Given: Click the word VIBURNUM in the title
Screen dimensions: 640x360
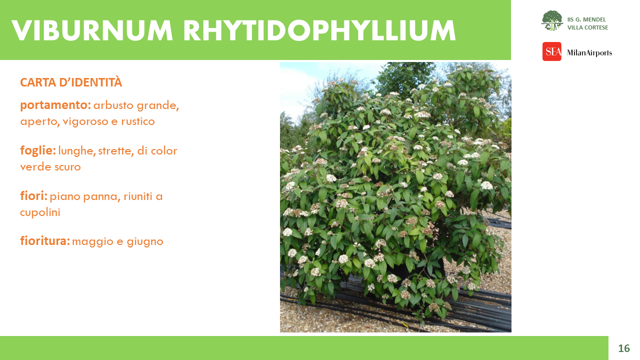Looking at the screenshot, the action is pyautogui.click(x=92, y=30).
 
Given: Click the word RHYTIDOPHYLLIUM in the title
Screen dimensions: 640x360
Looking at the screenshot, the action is pyautogui.click(x=319, y=30).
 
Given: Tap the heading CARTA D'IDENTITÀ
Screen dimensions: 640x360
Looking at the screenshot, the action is pyautogui.click(x=71, y=82).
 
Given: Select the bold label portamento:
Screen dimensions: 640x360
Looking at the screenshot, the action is pyautogui.click(x=55, y=105).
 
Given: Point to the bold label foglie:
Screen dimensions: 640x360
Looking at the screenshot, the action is pyautogui.click(x=38, y=151).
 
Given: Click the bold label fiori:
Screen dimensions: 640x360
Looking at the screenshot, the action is pyautogui.click(x=33, y=196).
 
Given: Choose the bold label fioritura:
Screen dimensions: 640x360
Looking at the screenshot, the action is pyautogui.click(x=45, y=241).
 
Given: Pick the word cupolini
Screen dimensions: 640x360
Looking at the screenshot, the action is pyautogui.click(x=40, y=213).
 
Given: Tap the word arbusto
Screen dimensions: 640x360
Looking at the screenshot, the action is pyautogui.click(x=113, y=105).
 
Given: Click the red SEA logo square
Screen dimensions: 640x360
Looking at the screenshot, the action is pyautogui.click(x=551, y=51).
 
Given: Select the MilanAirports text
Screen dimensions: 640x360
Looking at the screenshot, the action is pyautogui.click(x=589, y=53).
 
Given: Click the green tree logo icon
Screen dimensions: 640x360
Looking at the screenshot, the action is pyautogui.click(x=552, y=20).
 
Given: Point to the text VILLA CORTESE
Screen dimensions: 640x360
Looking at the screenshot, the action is pyautogui.click(x=587, y=27).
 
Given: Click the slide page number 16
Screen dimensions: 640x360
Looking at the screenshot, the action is pyautogui.click(x=624, y=348).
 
